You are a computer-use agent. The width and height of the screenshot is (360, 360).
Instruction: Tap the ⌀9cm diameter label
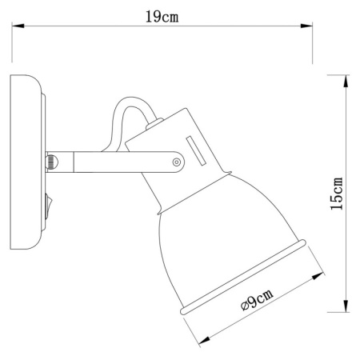[255, 303]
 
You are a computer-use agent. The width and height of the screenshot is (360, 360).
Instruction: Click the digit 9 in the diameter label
[252, 305]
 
